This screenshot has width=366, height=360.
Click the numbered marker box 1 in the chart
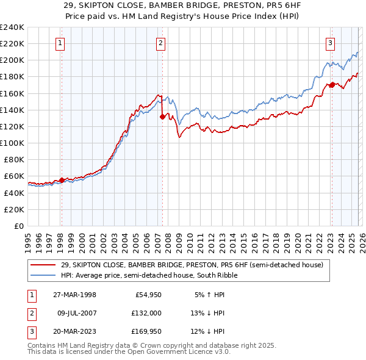(62, 43)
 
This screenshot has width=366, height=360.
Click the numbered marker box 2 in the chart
(160, 43)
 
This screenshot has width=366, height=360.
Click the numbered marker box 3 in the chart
(330, 43)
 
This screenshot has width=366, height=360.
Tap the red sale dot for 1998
(62, 180)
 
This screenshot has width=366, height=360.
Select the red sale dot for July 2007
(162, 117)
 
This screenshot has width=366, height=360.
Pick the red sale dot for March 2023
(331, 85)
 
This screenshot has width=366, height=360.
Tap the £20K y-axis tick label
(14, 209)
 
